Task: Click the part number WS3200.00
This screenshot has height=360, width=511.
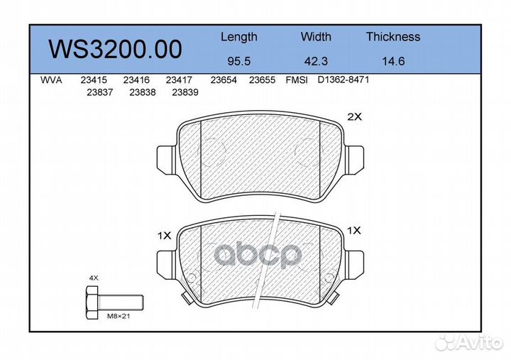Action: coord(115,49)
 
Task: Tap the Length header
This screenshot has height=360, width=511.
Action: coord(239,37)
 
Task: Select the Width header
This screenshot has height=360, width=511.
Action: coord(316,36)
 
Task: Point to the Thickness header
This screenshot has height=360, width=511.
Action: coord(393,36)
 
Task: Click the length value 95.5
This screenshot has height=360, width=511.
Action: coord(239,61)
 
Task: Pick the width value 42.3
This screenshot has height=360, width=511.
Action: coord(316,61)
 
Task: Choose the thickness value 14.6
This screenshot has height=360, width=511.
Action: coord(393,61)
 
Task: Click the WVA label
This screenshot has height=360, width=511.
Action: coord(51,80)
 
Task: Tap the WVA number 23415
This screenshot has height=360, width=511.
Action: coord(94,80)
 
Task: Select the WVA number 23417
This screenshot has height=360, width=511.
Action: coord(179,80)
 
